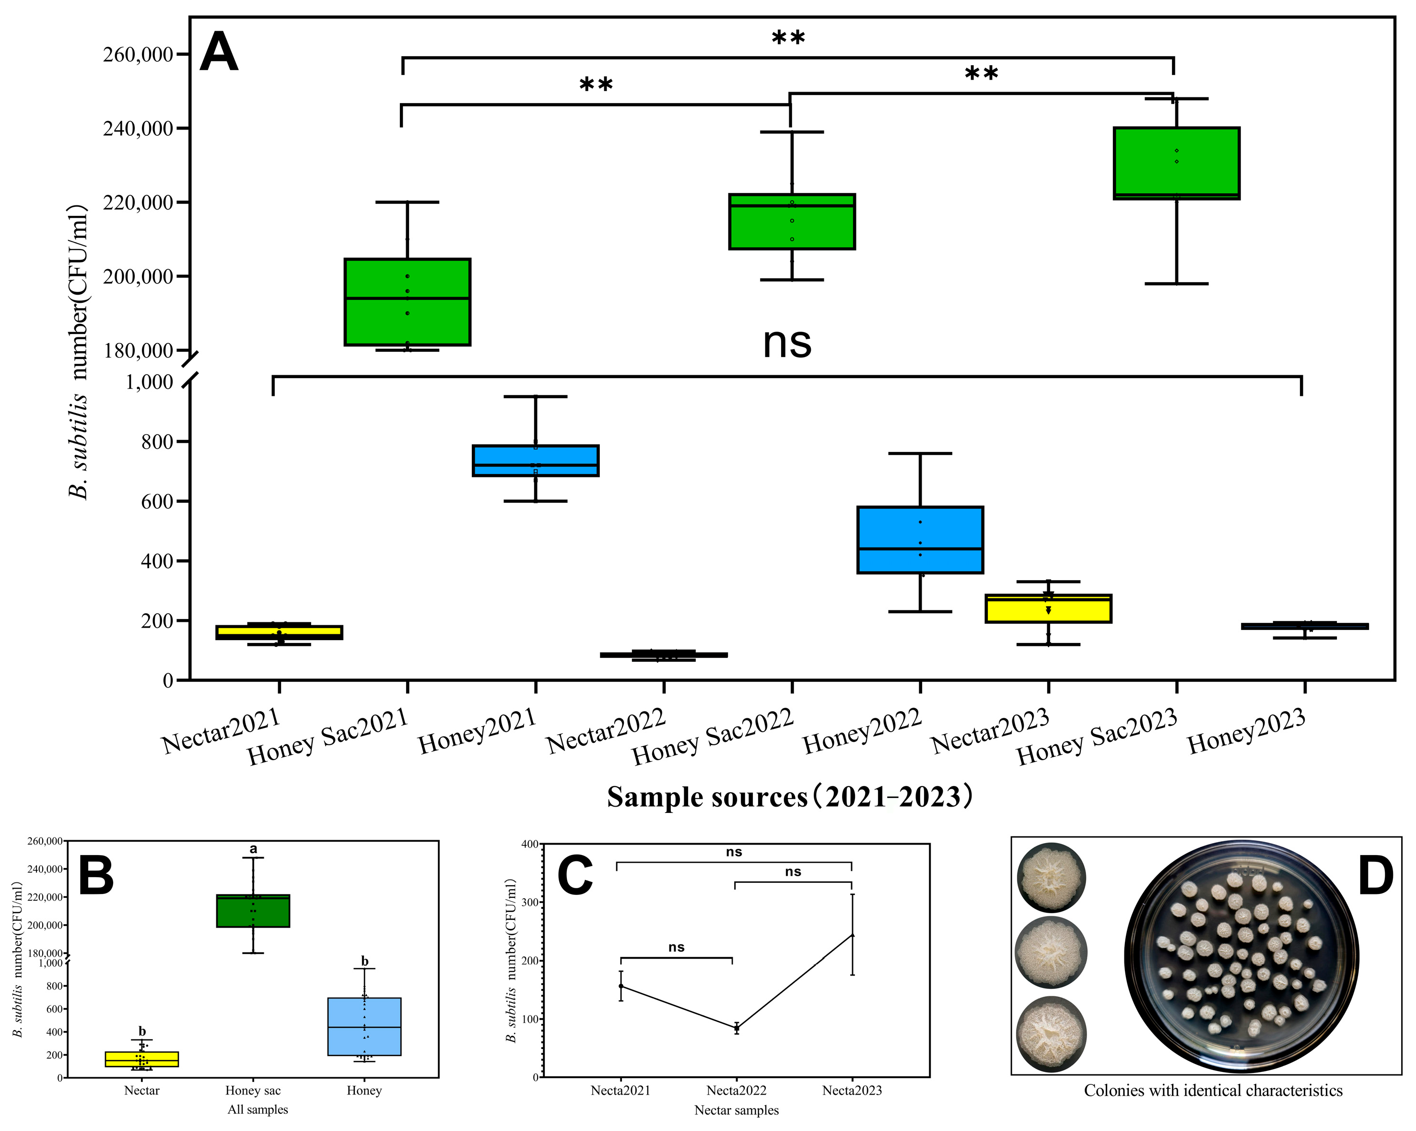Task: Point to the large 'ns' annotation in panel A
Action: click(x=787, y=343)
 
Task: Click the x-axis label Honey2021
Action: click(x=478, y=732)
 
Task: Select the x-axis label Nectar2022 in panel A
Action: click(x=606, y=732)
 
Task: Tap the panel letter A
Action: click(x=219, y=53)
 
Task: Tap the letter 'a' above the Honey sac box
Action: click(x=254, y=849)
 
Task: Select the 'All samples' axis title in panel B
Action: click(x=257, y=1110)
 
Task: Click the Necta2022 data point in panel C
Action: click(x=736, y=1028)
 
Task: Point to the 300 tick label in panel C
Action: click(x=528, y=902)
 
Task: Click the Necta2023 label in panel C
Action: click(x=852, y=1091)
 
